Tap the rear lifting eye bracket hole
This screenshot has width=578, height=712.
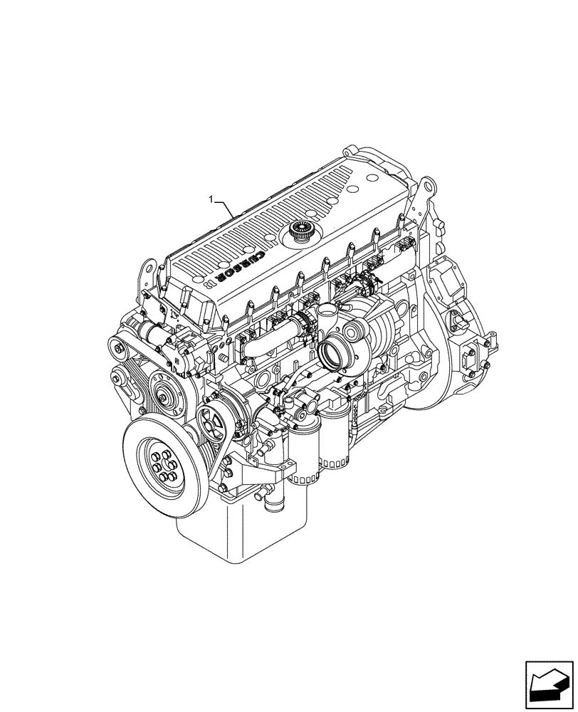pos(426,187)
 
